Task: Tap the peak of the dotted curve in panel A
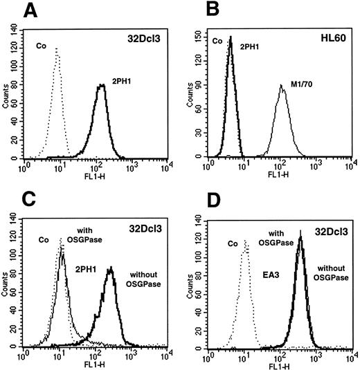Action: (x=57, y=49)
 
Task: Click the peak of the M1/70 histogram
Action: (x=282, y=86)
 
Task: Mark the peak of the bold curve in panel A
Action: (x=102, y=85)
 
